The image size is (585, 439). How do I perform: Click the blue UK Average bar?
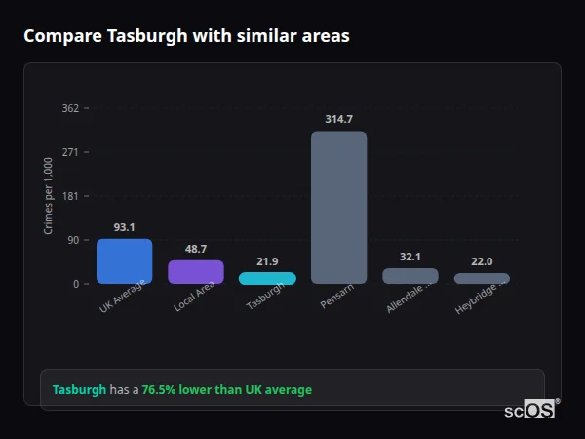pos(124,261)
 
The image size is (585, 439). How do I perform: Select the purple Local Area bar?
pos(196,272)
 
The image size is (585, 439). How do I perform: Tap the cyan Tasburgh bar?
pos(267,278)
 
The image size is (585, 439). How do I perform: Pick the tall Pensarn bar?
pos(338,207)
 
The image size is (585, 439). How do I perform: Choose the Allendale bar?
pos(410,276)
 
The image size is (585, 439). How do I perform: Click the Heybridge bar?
pos(482,278)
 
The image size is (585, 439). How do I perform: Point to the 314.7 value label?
pos(338,119)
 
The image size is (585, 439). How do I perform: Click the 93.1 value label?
pos(124,227)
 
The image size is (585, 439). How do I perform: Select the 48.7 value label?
pos(196,249)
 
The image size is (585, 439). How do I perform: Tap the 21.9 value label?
pos(267,261)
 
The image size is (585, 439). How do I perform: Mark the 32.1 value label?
pos(410,257)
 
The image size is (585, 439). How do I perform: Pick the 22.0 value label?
pos(482,261)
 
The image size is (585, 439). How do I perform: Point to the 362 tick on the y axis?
pos(70,108)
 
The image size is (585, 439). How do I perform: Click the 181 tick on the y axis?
pos(70,196)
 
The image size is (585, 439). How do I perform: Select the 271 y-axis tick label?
pos(70,152)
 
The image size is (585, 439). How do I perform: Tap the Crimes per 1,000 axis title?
pos(49,196)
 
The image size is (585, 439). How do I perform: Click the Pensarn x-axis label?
pos(335,297)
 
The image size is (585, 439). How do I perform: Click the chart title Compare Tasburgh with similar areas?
pos(186,36)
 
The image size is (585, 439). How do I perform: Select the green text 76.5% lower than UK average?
pos(227,390)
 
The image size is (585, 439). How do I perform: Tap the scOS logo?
pos(529,410)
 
